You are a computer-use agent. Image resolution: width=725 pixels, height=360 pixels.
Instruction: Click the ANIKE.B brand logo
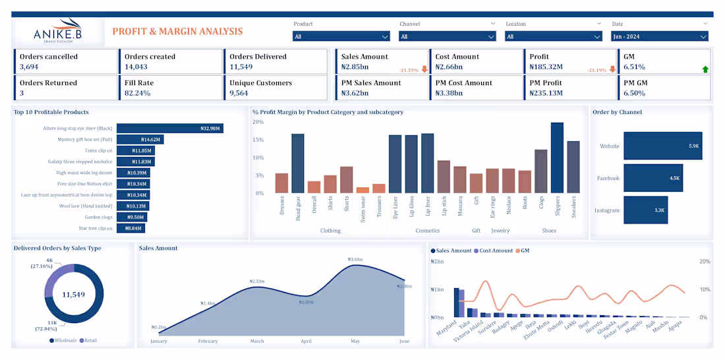57,31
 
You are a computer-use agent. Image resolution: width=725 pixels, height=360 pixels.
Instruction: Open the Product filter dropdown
341,36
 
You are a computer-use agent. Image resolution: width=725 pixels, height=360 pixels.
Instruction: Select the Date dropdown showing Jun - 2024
659,36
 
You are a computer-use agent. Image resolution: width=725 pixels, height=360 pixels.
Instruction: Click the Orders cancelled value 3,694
29,67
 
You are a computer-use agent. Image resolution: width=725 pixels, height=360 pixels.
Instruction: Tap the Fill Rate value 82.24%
138,93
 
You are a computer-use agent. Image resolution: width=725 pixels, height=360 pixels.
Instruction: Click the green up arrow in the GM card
705,69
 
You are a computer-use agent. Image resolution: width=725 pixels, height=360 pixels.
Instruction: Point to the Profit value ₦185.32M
546,67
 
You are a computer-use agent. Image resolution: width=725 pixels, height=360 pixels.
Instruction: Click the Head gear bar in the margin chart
297,164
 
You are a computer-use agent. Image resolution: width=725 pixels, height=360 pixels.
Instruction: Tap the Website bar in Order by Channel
662,146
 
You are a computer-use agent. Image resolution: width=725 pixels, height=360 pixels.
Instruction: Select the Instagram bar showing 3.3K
645,210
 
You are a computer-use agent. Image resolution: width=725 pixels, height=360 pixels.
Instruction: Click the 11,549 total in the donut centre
74,294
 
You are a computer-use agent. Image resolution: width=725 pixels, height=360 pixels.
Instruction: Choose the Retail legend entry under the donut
91,340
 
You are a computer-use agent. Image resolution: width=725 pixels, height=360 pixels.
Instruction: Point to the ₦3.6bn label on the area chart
355,260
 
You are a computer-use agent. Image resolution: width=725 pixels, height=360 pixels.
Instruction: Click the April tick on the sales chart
306,342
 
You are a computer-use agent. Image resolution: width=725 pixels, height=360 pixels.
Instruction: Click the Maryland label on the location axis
447,328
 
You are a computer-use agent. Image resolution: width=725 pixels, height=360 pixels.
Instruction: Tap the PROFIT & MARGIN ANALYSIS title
177,31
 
